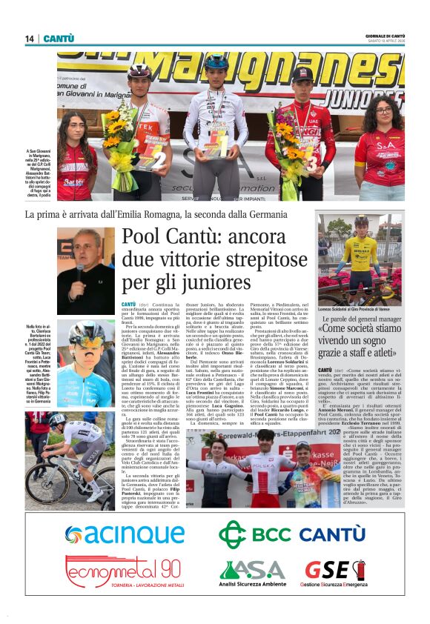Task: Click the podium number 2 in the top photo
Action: click(x=159, y=159)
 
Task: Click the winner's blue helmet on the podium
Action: click(x=216, y=62)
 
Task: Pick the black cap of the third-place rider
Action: click(x=302, y=73)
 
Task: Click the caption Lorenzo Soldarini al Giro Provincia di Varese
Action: click(x=360, y=308)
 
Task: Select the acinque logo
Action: click(x=124, y=533)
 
